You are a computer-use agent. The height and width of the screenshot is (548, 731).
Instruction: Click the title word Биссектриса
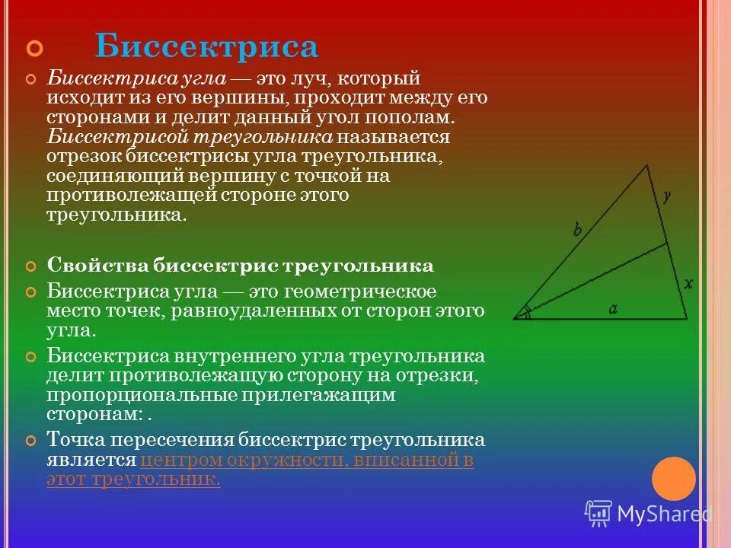pos(206,47)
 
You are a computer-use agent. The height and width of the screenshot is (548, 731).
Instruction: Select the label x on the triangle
pos(688,284)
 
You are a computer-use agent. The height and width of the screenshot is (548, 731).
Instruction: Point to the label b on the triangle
pos(577,228)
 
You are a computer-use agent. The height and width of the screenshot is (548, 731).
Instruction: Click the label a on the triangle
pos(612,308)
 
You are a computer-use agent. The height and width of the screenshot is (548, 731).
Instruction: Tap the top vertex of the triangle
pos(647,164)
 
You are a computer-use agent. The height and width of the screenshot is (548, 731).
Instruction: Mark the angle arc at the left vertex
pos(524,312)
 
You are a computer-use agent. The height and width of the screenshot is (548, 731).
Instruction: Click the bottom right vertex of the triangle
pos(687,319)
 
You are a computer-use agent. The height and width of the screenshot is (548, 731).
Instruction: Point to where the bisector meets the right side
pos(668,244)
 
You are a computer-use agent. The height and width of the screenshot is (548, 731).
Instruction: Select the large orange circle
pos(674,478)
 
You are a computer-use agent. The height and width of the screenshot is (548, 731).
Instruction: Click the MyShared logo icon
pos(599,513)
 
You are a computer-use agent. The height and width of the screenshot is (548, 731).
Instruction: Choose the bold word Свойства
pos(97,266)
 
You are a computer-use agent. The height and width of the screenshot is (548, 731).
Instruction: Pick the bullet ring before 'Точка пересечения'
pos(31,440)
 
